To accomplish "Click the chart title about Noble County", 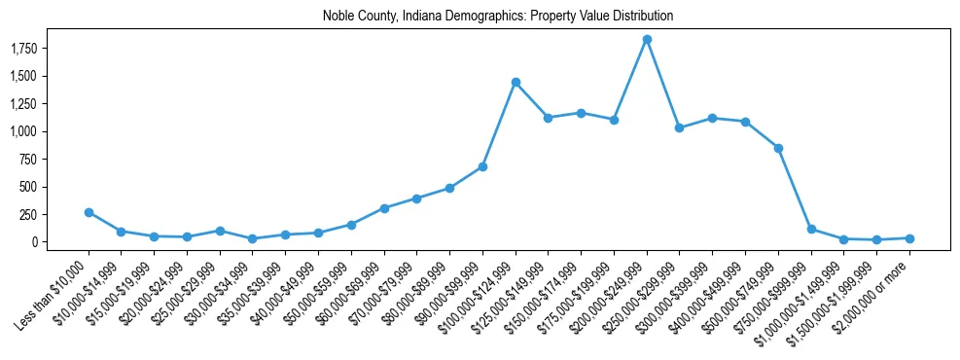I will (497, 17).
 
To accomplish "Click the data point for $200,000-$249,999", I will (647, 40).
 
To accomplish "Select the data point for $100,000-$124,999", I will (516, 83).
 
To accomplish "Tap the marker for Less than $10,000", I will (89, 212).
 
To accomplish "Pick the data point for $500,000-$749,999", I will (778, 148).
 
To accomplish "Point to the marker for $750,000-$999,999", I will (811, 230).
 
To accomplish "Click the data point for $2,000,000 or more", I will (909, 238).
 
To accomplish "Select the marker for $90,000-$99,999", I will (482, 166).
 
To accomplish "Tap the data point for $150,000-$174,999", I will (581, 113).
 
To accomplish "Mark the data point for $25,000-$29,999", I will (220, 231).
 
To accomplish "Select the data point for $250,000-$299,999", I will (680, 127).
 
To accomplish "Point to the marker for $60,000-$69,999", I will (384, 208).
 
